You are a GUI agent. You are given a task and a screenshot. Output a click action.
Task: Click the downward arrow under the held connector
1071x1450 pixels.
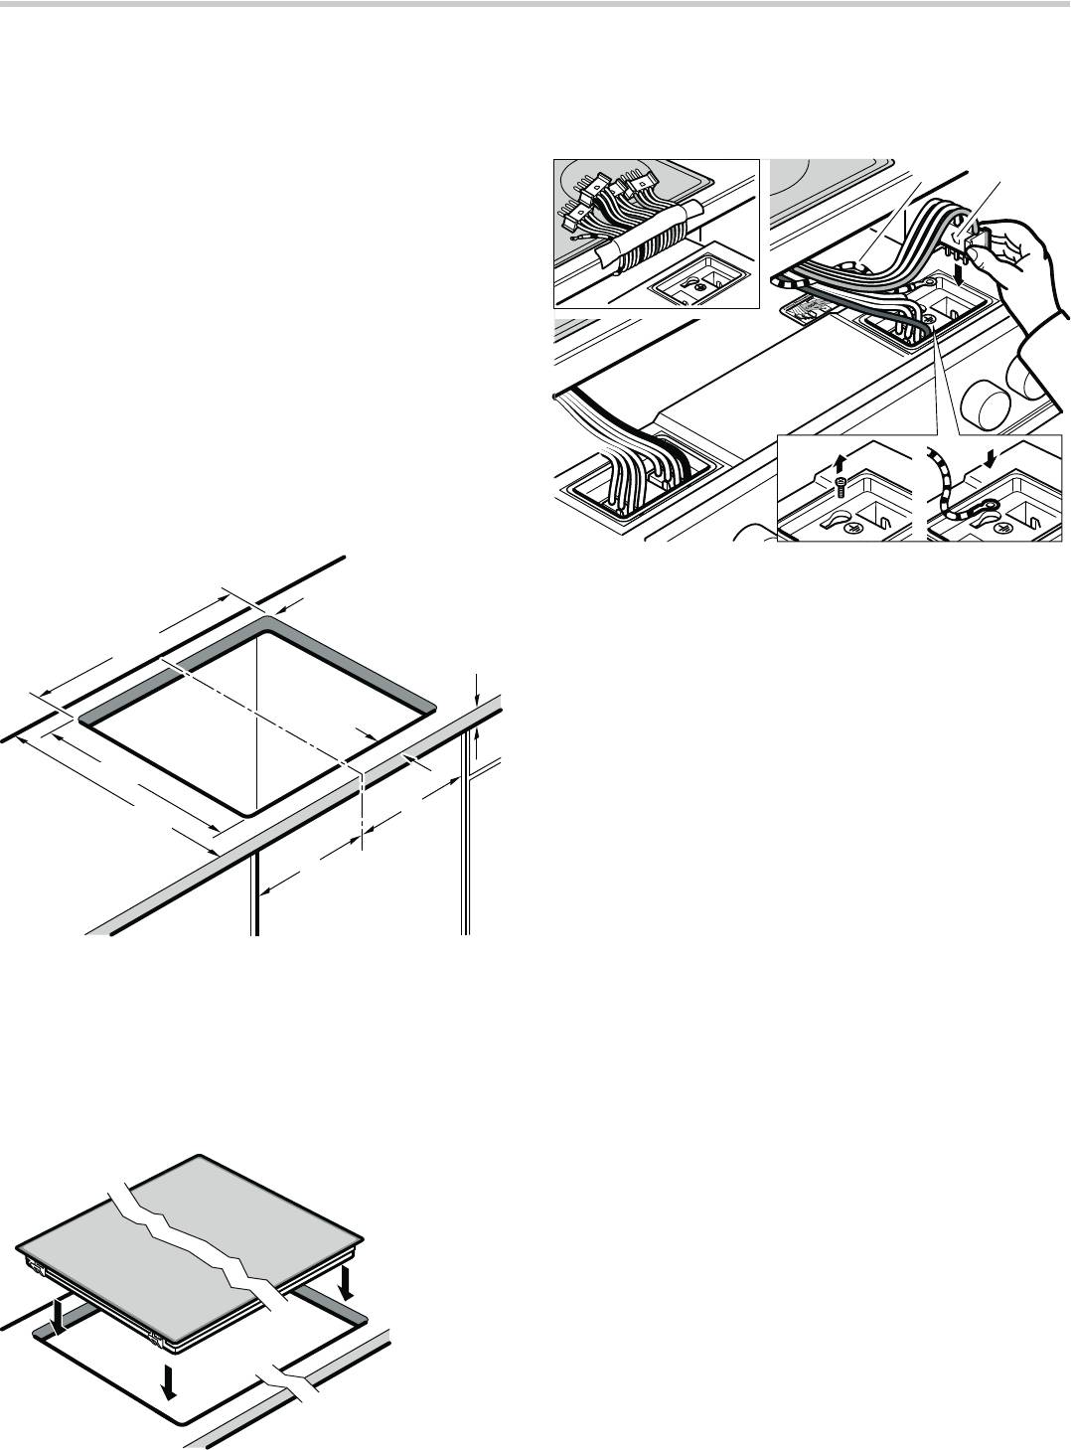pyautogui.click(x=958, y=270)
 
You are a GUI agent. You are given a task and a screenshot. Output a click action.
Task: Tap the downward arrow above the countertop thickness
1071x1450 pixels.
pyautogui.click(x=478, y=686)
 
